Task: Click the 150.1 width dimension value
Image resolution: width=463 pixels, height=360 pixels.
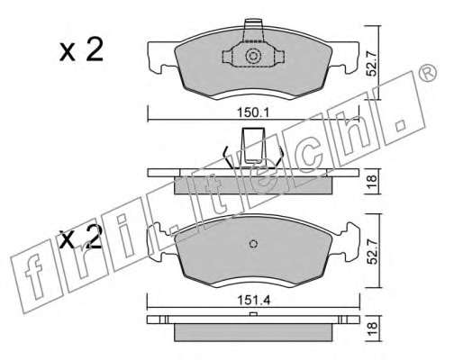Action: tap(254, 112)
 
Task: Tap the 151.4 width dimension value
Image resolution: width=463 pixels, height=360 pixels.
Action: tap(254, 300)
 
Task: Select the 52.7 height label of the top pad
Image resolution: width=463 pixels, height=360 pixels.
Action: tap(372, 63)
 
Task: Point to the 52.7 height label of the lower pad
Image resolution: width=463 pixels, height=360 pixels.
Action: tap(372, 251)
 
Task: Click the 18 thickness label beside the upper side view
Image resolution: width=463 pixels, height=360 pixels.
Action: tap(372, 181)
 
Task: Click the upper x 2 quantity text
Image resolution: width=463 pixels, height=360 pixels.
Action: tap(81, 49)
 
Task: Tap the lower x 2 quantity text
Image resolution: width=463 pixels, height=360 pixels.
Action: tap(80, 237)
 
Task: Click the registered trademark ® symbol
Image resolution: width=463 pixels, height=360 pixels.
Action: tap(427, 73)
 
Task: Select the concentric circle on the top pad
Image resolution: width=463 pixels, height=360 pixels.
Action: tap(253, 56)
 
